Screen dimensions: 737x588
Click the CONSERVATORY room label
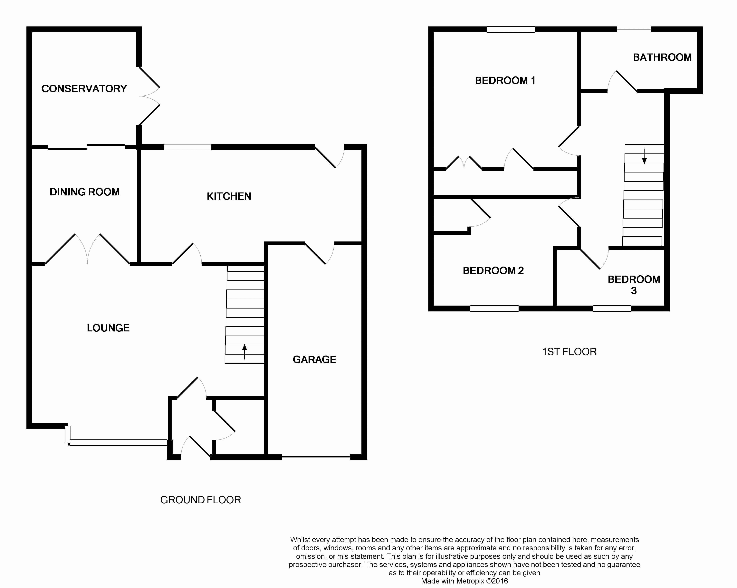pos(84,89)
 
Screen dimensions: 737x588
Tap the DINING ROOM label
pos(85,192)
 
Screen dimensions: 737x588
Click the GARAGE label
pos(314,359)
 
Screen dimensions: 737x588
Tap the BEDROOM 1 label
pos(505,80)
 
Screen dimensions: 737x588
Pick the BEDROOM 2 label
pos(493,270)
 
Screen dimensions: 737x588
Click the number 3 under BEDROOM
pos(634,291)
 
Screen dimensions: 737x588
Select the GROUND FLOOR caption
pos(200,500)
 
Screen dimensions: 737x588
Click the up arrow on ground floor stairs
pos(244,352)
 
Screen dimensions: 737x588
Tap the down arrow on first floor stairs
pos(644,156)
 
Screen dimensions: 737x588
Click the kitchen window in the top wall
pos(187,147)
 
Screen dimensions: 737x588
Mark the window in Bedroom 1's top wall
pos(511,29)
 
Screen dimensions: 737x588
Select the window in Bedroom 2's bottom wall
pos(494,309)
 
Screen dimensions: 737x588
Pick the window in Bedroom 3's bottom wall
pos(612,309)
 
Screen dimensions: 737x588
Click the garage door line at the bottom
pos(316,457)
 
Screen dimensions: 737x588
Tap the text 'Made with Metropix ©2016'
pos(464,581)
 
